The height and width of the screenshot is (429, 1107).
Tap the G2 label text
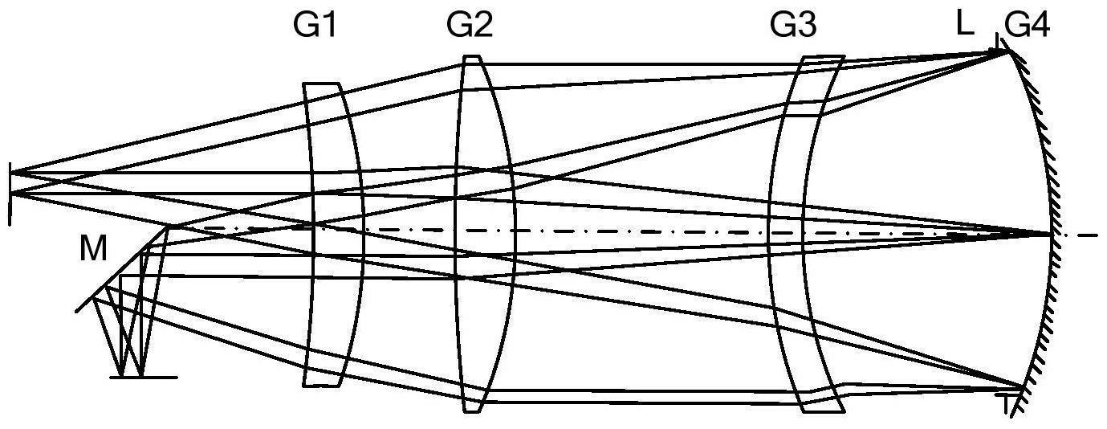click(469, 27)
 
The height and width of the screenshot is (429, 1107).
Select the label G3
click(792, 27)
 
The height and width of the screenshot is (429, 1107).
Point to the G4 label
click(1027, 27)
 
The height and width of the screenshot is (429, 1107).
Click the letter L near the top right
click(965, 25)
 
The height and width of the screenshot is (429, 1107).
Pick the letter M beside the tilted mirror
click(93, 251)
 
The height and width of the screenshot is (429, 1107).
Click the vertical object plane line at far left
click(10, 193)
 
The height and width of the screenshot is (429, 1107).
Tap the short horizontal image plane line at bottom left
click(143, 377)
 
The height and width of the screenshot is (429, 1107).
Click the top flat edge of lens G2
click(471, 57)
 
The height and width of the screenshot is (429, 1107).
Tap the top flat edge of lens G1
click(322, 84)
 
